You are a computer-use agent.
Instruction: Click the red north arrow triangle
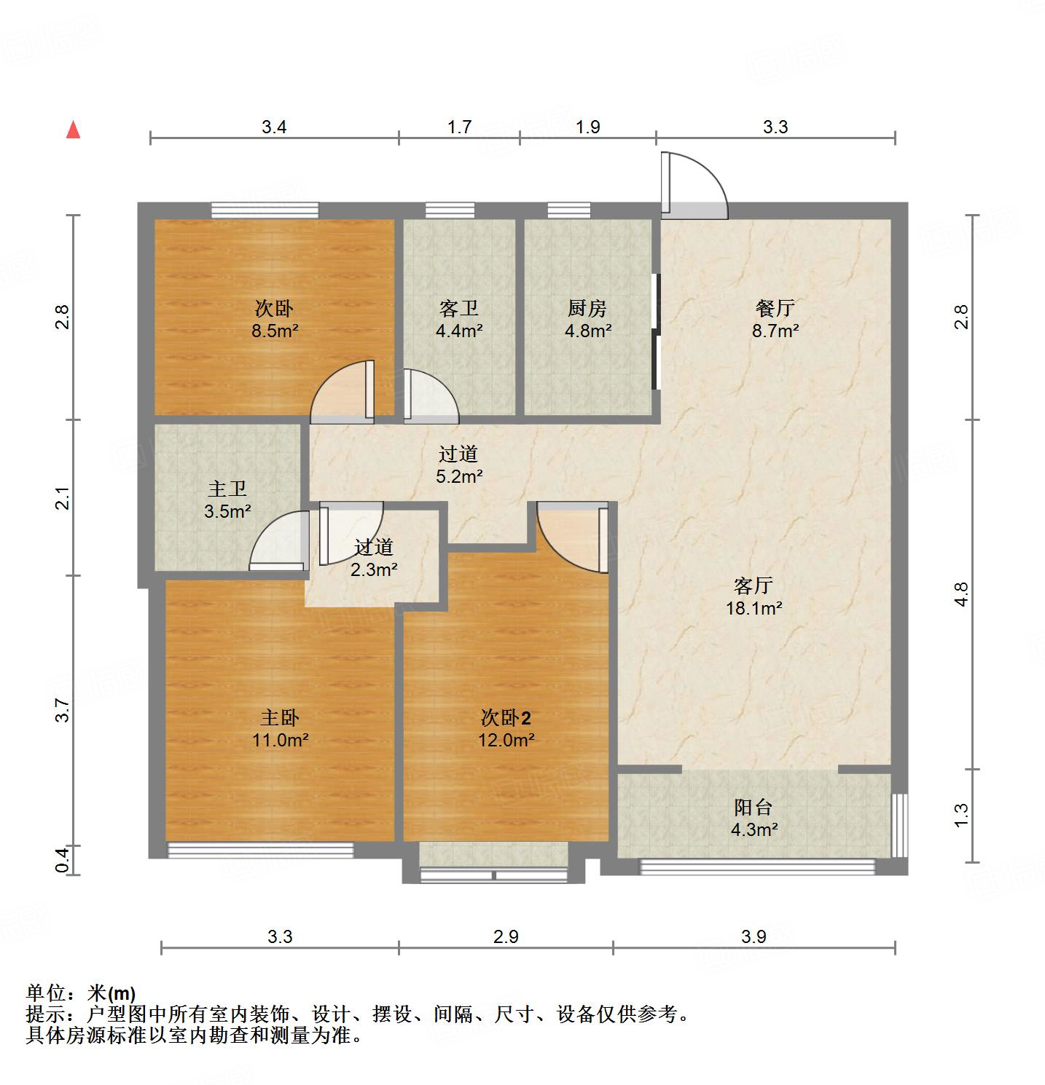[73, 130]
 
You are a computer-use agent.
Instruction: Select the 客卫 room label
[458, 308]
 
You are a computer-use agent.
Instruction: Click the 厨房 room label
[587, 308]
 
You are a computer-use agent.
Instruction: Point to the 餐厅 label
[775, 308]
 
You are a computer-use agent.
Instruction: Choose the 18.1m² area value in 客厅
[754, 608]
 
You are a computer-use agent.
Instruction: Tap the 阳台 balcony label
[753, 807]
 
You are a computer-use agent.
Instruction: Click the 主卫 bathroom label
[227, 489]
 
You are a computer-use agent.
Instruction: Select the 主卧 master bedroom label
[280, 718]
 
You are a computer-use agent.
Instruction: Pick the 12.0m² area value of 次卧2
[506, 741]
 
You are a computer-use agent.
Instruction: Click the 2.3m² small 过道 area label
[374, 569]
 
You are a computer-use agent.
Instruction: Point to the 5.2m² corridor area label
[458, 477]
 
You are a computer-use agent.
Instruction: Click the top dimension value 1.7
[459, 127]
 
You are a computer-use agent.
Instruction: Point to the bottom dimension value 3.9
[754, 936]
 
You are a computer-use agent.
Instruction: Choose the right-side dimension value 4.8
[961, 594]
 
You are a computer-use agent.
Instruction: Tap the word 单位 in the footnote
[45, 993]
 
